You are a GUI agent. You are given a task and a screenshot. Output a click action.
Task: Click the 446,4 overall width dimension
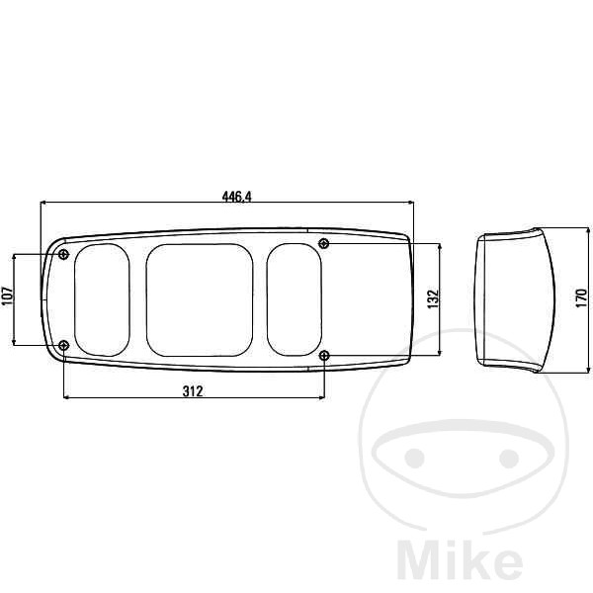tap(237, 197)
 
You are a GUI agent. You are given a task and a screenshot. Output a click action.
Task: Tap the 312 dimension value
tap(193, 391)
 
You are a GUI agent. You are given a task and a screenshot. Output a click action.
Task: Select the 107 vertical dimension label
tap(7, 296)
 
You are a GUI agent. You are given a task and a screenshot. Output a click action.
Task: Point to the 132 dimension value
tap(433, 298)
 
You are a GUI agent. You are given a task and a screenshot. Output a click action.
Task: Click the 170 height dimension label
tap(581, 298)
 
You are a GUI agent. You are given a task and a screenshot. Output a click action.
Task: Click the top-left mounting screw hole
tap(64, 254)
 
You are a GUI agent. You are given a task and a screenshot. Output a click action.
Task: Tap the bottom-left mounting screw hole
tap(64, 345)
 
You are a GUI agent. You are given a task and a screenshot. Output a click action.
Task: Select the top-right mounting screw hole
tap(324, 243)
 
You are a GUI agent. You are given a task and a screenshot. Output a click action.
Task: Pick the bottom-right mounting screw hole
tap(324, 355)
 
